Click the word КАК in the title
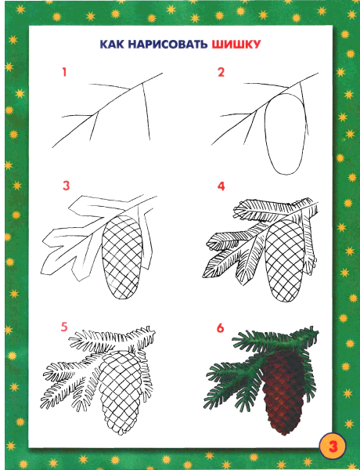coord(112,45)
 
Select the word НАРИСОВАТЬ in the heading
coord(167,45)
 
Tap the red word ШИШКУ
coord(236,45)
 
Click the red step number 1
coord(64,72)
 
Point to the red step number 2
coord(221,72)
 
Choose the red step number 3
coord(66,186)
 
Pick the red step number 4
coord(221,186)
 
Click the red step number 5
coord(64,327)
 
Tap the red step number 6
coord(221,328)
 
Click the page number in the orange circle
coord(333,446)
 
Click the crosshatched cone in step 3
coord(122,258)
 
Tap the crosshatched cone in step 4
coord(284,261)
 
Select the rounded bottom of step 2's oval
coord(286,175)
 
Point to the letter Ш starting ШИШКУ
coord(217,45)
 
